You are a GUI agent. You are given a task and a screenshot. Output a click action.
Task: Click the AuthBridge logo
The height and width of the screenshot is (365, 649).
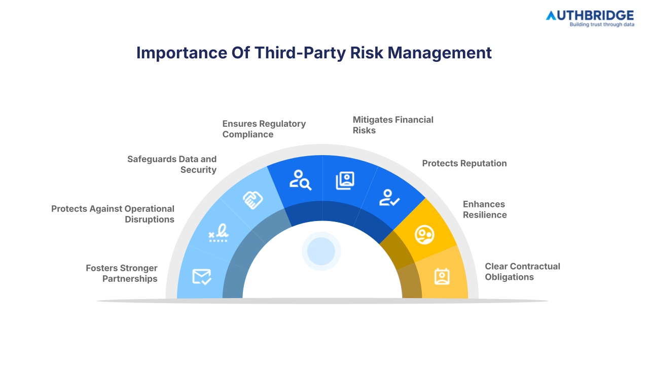(x=589, y=15)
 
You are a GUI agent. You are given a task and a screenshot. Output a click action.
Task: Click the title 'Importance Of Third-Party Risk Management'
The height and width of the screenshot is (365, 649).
(x=314, y=53)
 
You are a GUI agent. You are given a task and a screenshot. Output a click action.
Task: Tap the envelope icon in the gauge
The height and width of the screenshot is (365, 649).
(x=201, y=277)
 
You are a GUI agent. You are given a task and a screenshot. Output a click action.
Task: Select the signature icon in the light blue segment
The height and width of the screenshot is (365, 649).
(x=219, y=234)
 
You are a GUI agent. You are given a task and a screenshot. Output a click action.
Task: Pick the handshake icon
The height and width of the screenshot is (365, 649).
(x=253, y=200)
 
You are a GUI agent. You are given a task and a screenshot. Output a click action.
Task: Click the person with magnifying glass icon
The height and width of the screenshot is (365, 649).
(x=300, y=180)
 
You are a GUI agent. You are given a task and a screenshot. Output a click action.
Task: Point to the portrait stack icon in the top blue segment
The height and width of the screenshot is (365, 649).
(x=345, y=180)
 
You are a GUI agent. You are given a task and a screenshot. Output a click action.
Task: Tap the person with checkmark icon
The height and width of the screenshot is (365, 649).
(x=389, y=197)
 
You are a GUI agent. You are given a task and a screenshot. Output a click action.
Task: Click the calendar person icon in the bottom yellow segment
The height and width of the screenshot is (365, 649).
(x=442, y=276)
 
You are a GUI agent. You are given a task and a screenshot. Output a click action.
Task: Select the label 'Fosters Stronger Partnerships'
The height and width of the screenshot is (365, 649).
(x=122, y=273)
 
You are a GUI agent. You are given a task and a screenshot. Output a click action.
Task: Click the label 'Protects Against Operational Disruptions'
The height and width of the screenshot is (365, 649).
(x=113, y=214)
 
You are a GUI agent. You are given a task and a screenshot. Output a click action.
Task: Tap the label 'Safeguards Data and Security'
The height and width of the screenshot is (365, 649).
(x=172, y=164)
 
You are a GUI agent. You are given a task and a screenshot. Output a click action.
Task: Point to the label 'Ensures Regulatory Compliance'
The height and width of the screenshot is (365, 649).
(x=264, y=129)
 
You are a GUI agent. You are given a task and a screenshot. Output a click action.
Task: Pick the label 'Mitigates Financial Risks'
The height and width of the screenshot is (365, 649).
(x=393, y=125)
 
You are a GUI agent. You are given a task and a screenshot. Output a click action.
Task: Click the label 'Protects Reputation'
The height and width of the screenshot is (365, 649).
(x=464, y=163)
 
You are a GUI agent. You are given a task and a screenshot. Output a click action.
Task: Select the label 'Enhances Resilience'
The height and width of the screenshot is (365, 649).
(x=485, y=209)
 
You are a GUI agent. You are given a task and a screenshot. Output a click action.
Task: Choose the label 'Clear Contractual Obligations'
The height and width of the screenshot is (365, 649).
(x=522, y=271)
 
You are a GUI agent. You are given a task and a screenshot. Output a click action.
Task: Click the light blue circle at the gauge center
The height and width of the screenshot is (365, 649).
(x=321, y=251)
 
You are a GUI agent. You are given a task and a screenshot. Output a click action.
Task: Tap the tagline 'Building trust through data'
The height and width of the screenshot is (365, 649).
(x=601, y=24)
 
